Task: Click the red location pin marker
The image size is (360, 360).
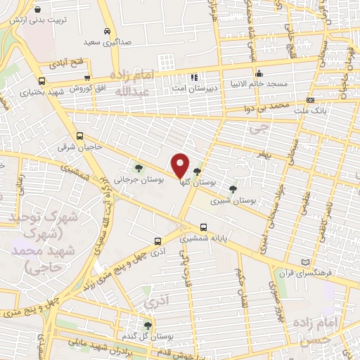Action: [x=181, y=165]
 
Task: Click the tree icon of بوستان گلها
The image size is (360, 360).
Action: [x=196, y=172]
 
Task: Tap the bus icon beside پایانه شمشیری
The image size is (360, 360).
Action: [x=203, y=227]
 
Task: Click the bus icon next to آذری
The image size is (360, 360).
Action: [x=157, y=239]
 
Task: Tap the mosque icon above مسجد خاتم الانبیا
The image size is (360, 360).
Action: [x=259, y=73]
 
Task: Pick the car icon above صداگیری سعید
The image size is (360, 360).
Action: [x=106, y=32]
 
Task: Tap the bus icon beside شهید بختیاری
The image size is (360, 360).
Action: [x=42, y=82]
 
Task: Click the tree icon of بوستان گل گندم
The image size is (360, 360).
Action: [x=147, y=326]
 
